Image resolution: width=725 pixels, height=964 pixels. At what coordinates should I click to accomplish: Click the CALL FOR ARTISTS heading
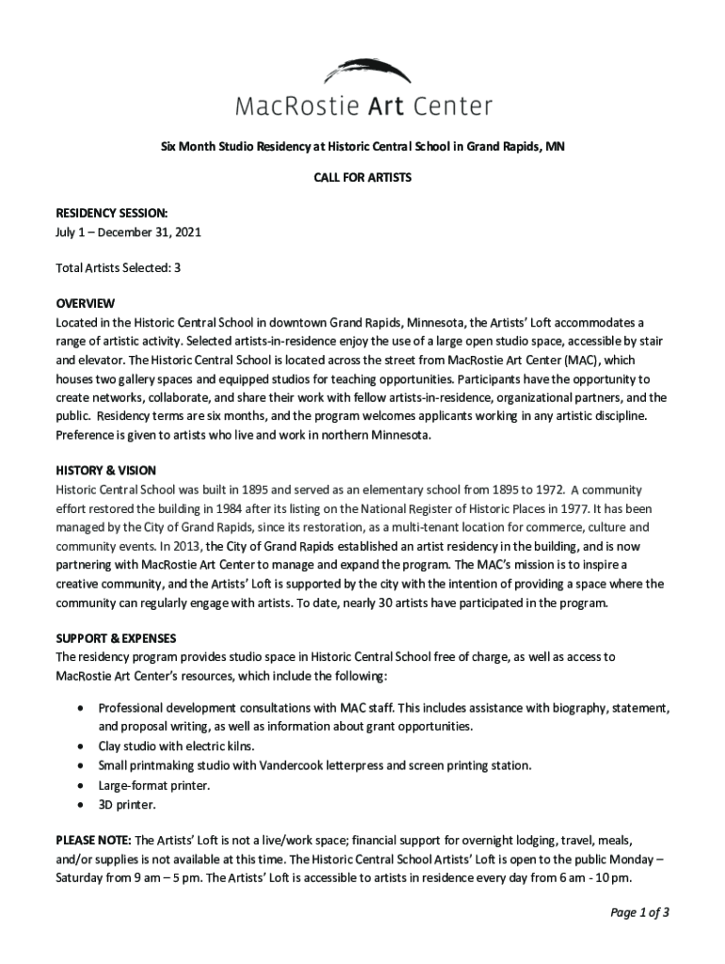tap(362, 177)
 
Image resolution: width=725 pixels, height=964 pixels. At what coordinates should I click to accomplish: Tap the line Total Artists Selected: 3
tap(118, 267)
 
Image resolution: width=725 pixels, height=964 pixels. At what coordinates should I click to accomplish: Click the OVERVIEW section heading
tap(85, 304)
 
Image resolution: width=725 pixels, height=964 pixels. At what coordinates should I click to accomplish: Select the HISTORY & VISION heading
tap(105, 471)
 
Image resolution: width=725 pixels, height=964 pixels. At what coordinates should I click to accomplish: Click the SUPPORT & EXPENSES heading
tap(116, 638)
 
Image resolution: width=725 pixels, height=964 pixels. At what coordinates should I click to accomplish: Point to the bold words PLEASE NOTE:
tap(94, 840)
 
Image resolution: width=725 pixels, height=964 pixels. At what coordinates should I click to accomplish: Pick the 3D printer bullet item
tap(127, 805)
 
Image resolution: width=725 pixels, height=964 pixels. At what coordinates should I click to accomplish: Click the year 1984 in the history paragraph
tap(258, 508)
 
